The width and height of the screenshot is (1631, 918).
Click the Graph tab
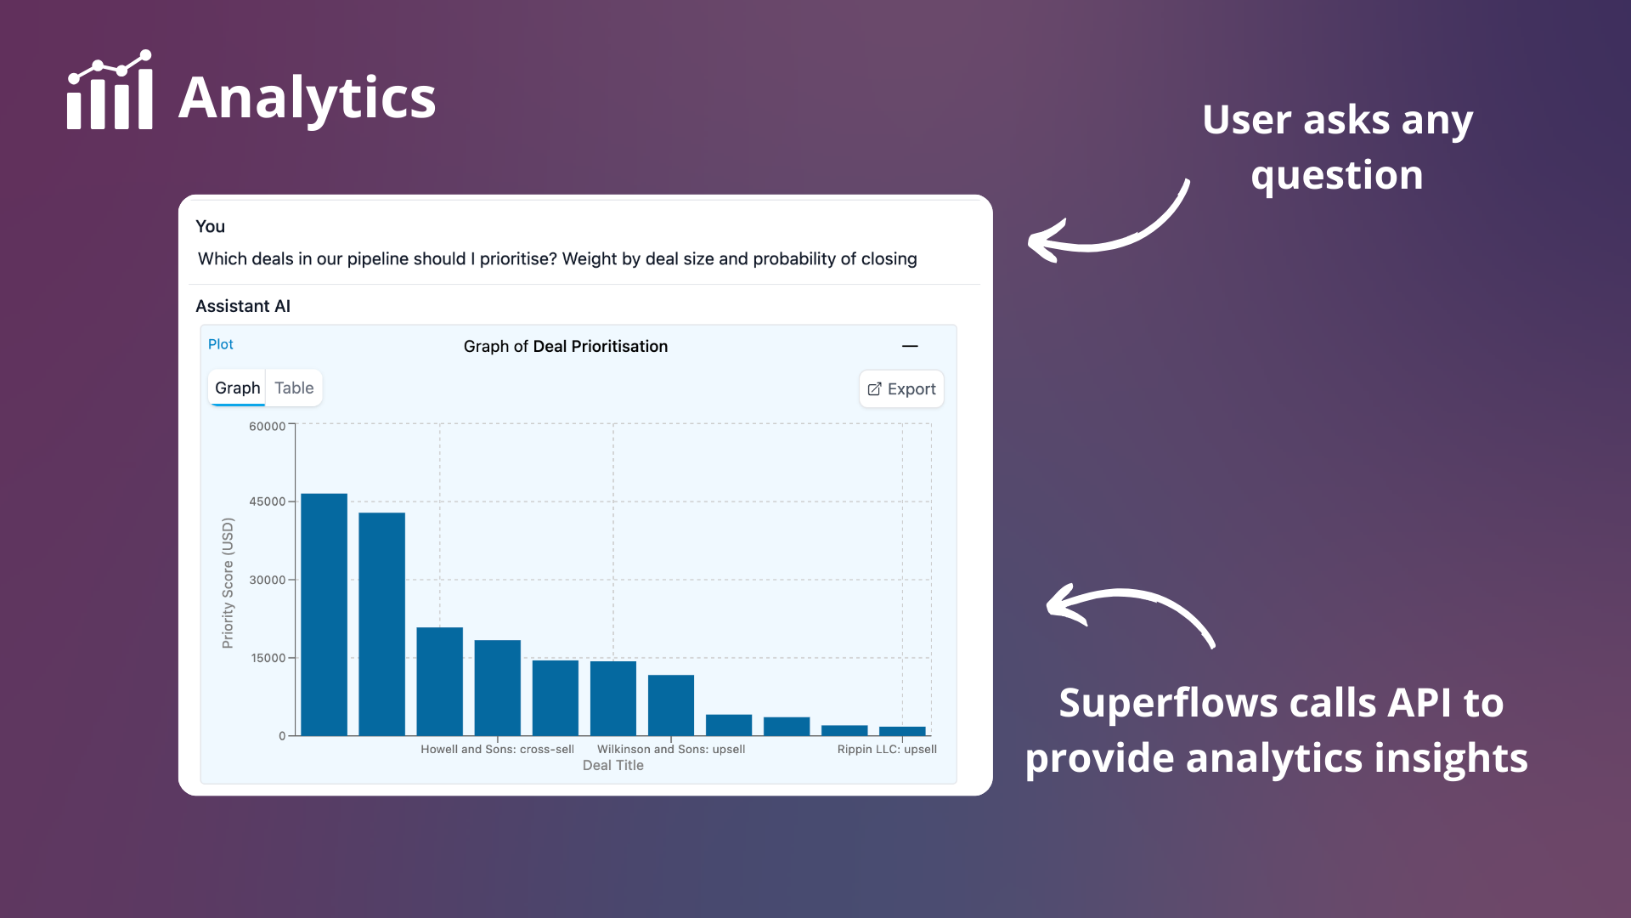point(237,388)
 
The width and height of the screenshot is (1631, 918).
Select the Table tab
point(294,388)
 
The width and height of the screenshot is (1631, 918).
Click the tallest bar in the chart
point(324,615)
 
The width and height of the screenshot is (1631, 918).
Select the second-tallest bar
point(381,624)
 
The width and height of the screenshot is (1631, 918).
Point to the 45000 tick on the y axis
point(267,501)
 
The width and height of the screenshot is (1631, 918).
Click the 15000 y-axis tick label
point(268,658)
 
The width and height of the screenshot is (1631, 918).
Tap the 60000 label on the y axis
point(267,427)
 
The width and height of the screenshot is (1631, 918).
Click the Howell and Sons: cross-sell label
point(497,749)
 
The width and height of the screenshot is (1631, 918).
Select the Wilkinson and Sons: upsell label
point(671,749)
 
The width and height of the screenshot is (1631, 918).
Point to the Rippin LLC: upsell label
point(887,749)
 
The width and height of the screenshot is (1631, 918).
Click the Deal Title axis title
point(613,765)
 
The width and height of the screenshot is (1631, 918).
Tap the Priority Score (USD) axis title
point(228,583)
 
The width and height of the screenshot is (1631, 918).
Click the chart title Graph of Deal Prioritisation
point(566,346)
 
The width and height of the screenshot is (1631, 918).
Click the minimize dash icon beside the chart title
point(910,346)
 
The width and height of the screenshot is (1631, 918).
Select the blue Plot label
point(221,344)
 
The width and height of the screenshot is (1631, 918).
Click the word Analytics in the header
point(308,98)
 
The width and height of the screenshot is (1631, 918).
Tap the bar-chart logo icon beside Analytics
point(110,89)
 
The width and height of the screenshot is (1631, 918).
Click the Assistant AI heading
point(243,306)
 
